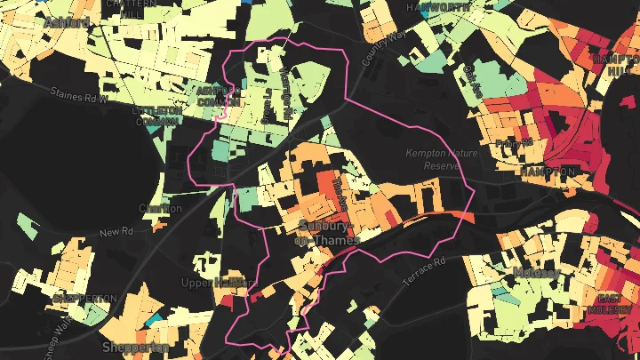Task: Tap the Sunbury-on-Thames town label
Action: click(328, 233)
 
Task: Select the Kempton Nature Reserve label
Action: click(442, 159)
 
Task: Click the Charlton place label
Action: click(160, 209)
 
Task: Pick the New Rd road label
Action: click(115, 233)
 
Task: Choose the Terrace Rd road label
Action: click(423, 272)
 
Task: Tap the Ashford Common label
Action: click(219, 96)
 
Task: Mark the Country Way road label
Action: click(383, 48)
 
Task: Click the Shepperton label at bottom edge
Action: click(135, 347)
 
